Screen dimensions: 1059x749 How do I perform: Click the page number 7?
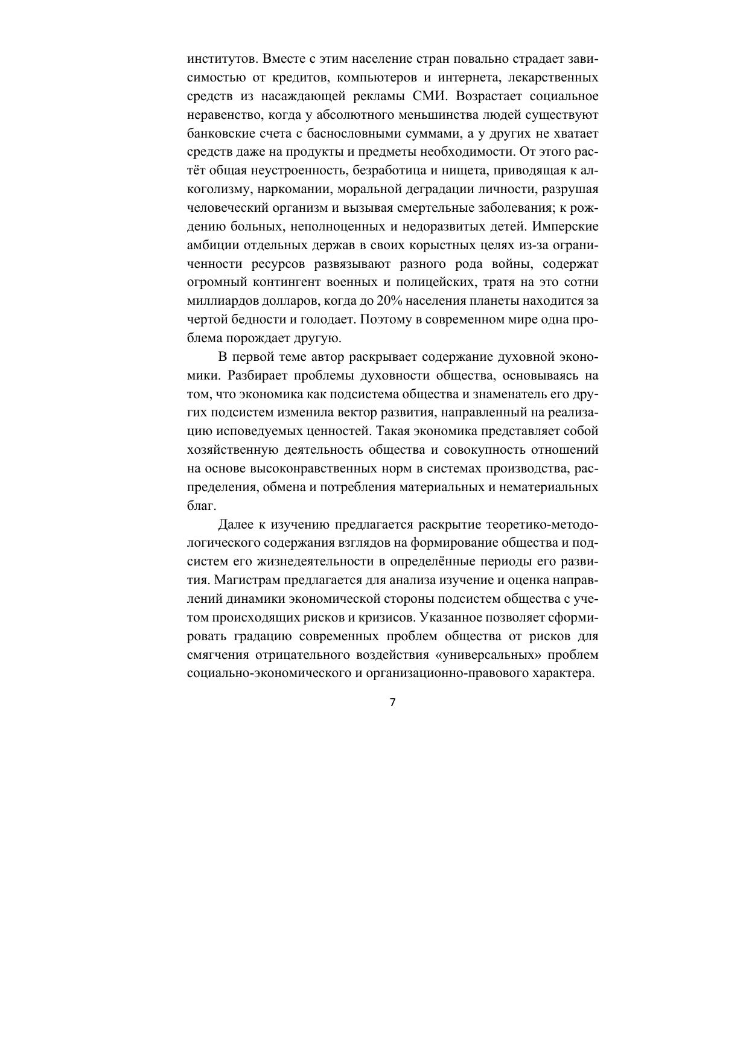click(392, 702)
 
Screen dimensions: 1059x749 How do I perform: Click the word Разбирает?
click(260, 375)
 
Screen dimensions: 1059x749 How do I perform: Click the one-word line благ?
click(202, 506)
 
